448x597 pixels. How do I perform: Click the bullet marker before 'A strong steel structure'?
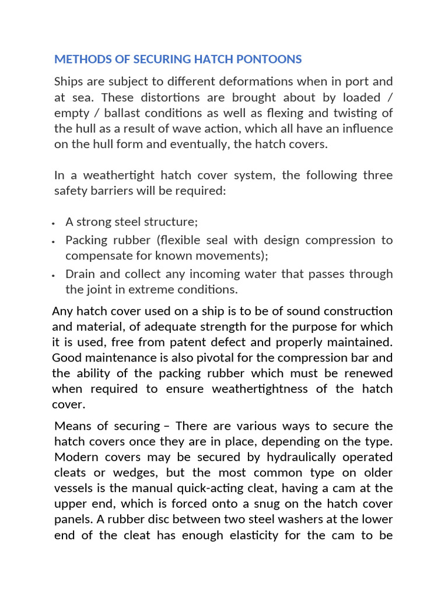tap(54, 223)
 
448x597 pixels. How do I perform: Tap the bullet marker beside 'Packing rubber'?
tap(54, 241)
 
